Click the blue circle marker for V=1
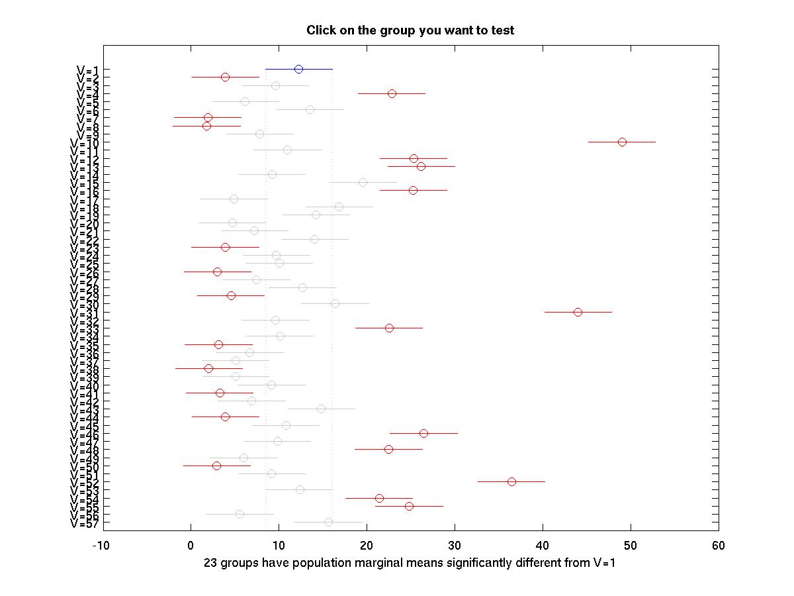pyautogui.click(x=298, y=69)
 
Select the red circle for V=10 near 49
pyautogui.click(x=622, y=142)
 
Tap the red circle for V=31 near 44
pyautogui.click(x=578, y=312)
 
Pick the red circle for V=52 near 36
pyautogui.click(x=511, y=481)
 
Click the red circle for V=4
pyautogui.click(x=392, y=93)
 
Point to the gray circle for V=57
pyautogui.click(x=328, y=522)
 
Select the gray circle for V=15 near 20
pyautogui.click(x=363, y=182)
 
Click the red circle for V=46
pyautogui.click(x=423, y=433)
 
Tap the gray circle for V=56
pyautogui.click(x=240, y=514)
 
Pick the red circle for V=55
pyautogui.click(x=409, y=506)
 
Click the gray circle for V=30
pyautogui.click(x=335, y=303)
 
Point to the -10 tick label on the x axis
pyautogui.click(x=101, y=546)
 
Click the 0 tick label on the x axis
pyautogui.click(x=191, y=546)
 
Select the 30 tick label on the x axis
pyautogui.click(x=455, y=546)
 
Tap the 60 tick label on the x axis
pyautogui.click(x=719, y=546)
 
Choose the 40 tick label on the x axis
pyautogui.click(x=543, y=546)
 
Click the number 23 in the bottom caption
pyautogui.click(x=210, y=564)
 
